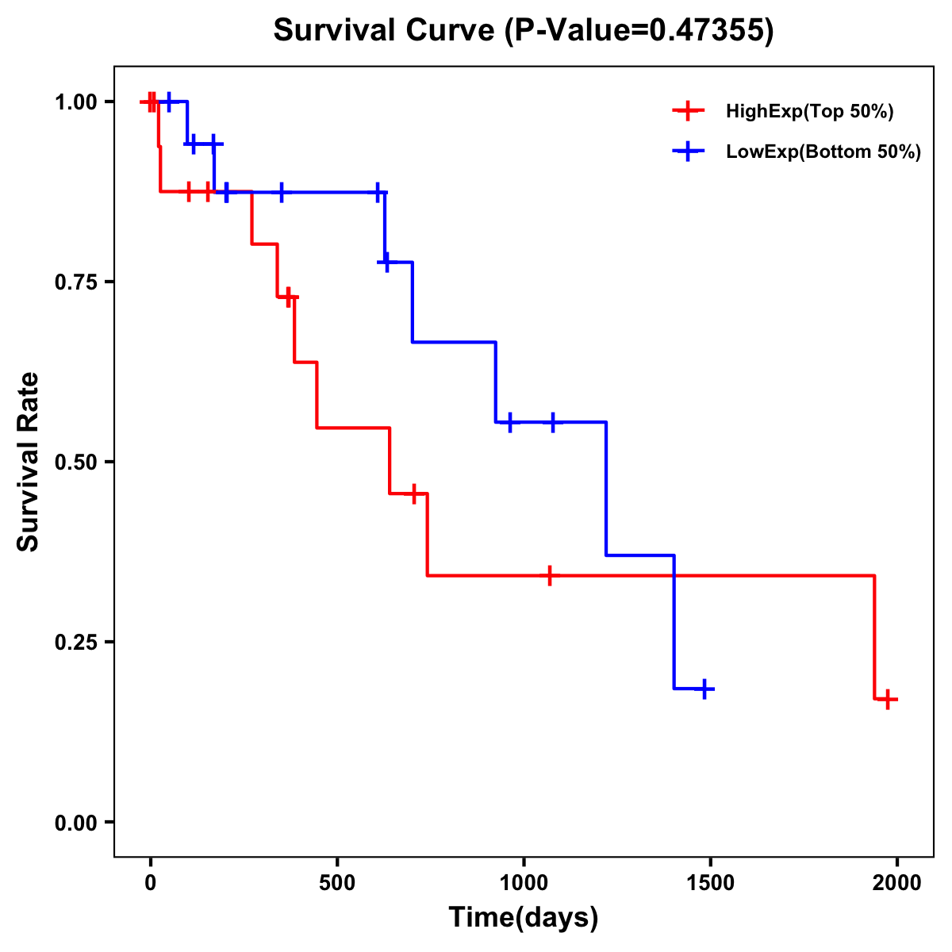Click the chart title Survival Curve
[523, 30]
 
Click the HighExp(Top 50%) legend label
[810, 112]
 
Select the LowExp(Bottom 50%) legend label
[823, 152]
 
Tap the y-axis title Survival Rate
[29, 462]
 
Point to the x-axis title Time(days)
[524, 917]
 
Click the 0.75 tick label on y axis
[75, 282]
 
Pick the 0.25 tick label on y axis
[75, 642]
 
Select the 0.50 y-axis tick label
[75, 462]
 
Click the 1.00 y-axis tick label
[75, 102]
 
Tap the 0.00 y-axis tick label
[75, 822]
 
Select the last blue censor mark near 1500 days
[704, 689]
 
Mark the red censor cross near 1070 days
[549, 575]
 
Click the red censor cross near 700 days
[413, 493]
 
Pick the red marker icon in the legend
[688, 112]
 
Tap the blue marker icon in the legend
[688, 152]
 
